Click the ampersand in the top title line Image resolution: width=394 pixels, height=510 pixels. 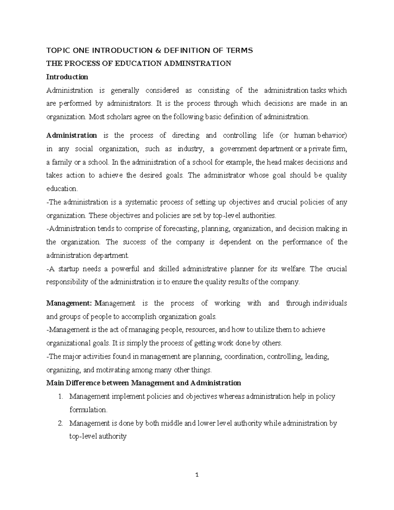tap(149, 50)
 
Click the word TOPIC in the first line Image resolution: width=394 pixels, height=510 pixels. tap(57, 50)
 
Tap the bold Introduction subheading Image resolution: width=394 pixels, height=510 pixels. tap(67, 77)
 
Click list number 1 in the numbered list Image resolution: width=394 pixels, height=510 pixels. tap(60, 396)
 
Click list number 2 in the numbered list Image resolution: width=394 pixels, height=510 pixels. tap(60, 423)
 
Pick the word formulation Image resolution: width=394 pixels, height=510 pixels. tap(88, 410)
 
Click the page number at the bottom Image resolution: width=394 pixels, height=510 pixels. tap(197, 484)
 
